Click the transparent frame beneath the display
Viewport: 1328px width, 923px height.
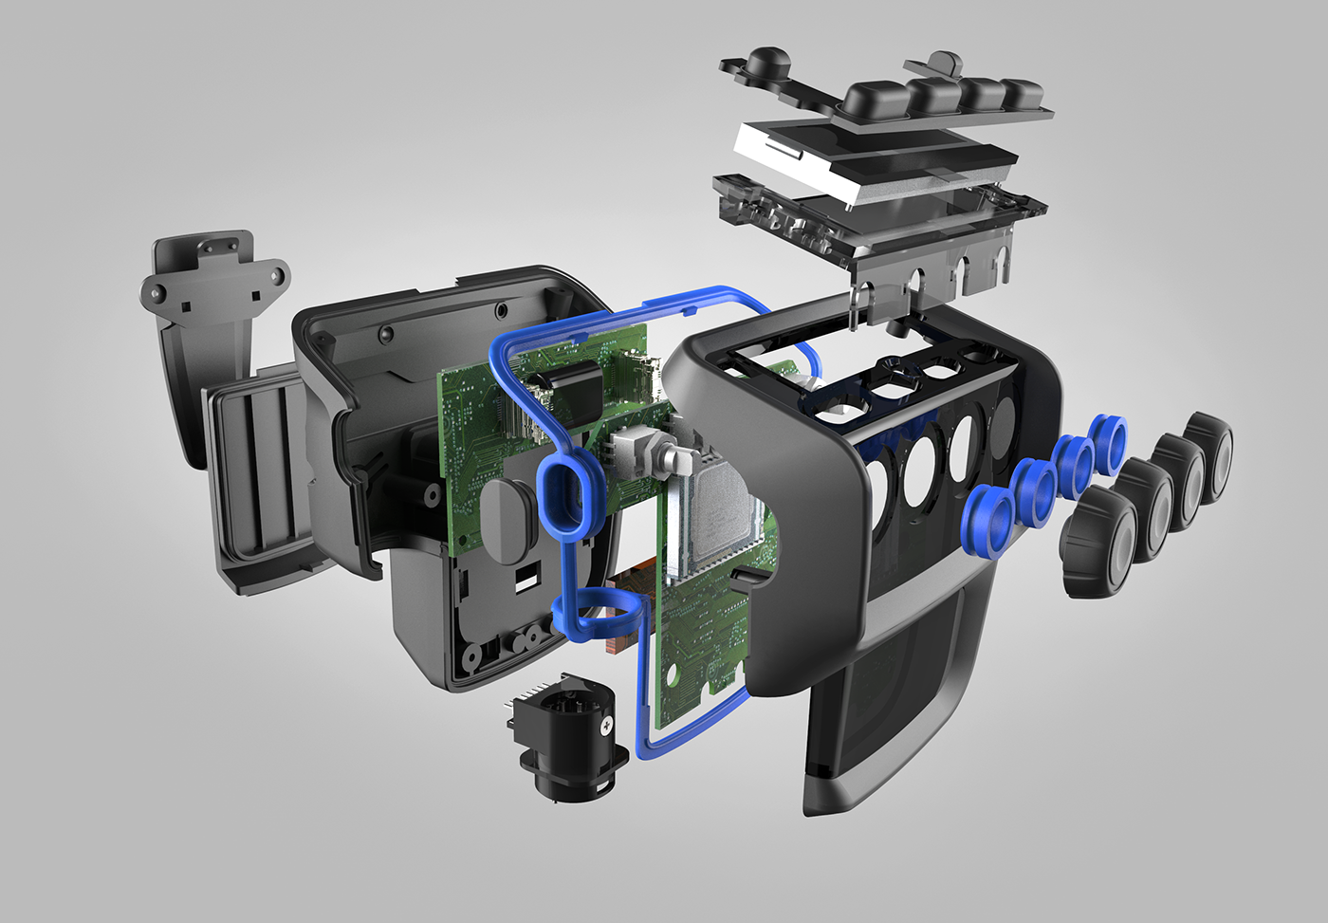click(x=882, y=223)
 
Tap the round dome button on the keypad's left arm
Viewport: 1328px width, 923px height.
click(x=765, y=65)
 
